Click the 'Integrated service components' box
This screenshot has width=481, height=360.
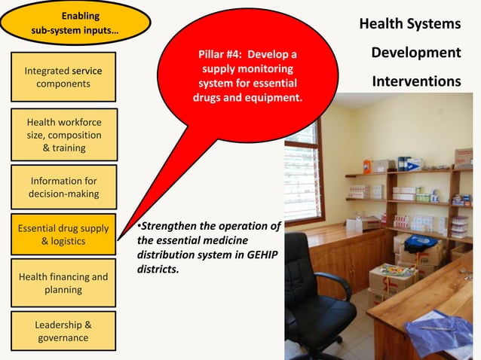point(63,77)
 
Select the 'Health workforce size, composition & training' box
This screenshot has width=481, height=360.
point(63,135)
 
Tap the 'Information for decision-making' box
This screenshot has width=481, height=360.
point(63,188)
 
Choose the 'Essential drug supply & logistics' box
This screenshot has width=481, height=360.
point(63,234)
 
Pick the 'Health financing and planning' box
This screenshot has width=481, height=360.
point(63,283)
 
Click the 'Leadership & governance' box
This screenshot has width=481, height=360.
point(63,331)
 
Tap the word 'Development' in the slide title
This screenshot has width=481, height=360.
point(415,53)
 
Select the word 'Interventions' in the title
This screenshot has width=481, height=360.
point(416,81)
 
